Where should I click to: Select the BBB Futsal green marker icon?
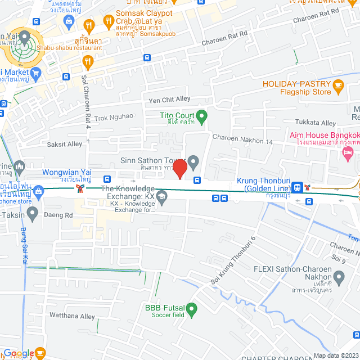[192, 309]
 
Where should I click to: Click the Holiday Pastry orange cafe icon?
[337, 85]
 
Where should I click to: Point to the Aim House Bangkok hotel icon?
[348, 152]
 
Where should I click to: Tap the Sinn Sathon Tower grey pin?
[193, 163]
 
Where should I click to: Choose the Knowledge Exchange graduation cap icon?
[162, 196]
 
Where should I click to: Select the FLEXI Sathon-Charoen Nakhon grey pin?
[339, 277]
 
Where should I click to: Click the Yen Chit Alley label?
[169, 100]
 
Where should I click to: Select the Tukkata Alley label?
[316, 123]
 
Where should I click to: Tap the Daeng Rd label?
[60, 215]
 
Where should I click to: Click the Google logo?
[19, 353]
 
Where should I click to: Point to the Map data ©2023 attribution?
[335, 355]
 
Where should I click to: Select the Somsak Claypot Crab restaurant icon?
[109, 23]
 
